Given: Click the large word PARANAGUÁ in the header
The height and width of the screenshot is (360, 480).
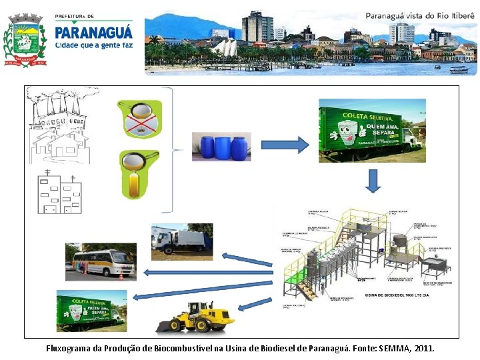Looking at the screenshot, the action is click(93, 31).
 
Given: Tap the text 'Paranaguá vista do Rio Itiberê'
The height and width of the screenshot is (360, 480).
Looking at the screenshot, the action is click(420, 15).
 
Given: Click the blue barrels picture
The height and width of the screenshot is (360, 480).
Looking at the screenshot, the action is click(220, 147).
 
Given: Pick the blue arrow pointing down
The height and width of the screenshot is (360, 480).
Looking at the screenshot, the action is click(373, 181).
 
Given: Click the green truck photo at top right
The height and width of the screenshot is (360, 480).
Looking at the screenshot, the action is click(372, 130).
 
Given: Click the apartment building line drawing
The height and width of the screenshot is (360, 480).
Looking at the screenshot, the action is click(60, 192).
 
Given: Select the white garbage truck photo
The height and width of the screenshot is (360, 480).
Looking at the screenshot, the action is click(181, 241).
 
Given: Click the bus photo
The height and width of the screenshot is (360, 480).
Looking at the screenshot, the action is click(100, 261).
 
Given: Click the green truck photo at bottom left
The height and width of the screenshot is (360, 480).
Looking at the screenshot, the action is click(91, 310).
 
